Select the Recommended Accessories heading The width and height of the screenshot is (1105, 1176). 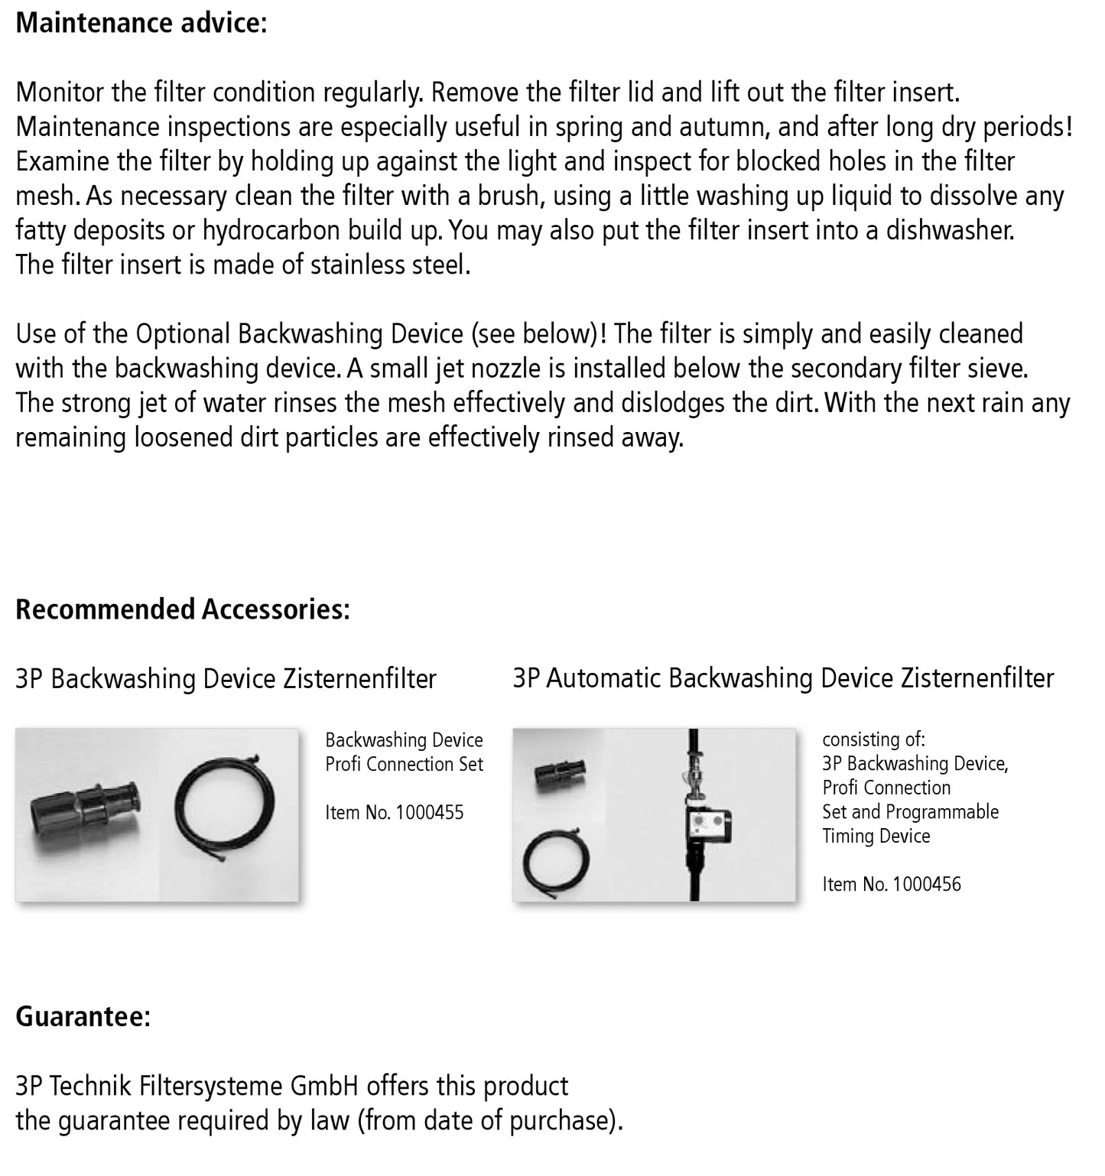point(183,609)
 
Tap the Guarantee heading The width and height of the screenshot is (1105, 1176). point(83,1016)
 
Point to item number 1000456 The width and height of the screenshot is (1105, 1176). point(926,884)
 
